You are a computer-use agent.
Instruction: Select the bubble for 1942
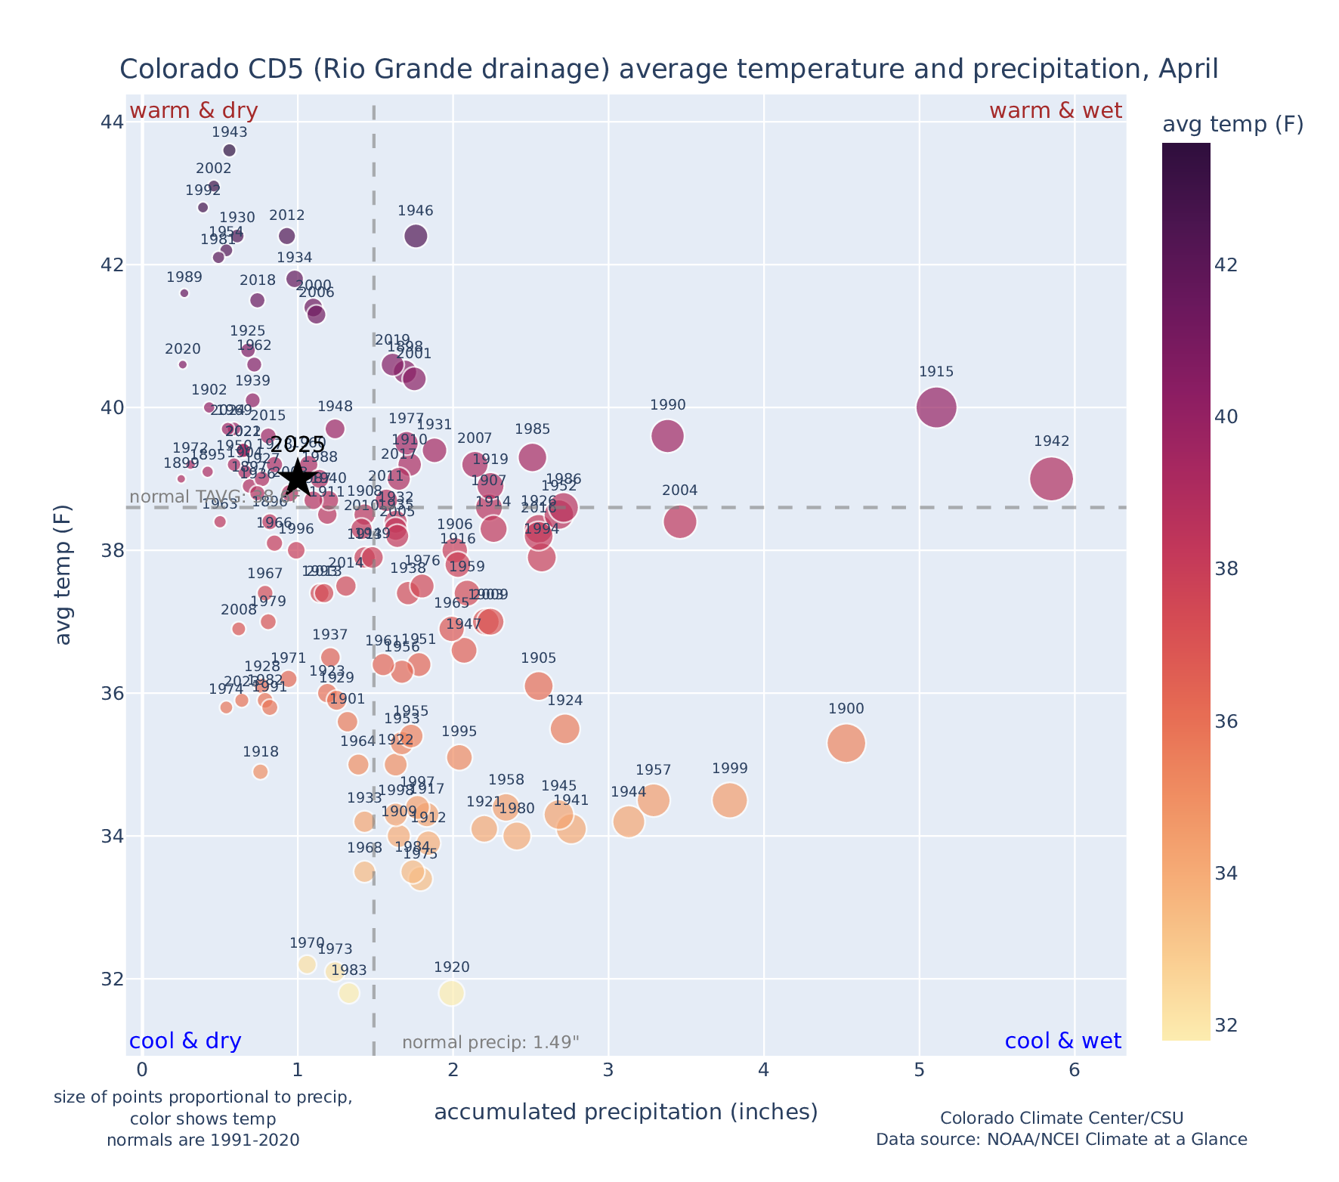point(1051,478)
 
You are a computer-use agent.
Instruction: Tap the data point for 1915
point(935,407)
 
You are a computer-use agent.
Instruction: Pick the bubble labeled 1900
point(846,743)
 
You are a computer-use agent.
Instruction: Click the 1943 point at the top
point(230,150)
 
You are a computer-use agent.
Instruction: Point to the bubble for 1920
point(451,993)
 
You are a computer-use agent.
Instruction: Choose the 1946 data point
point(416,236)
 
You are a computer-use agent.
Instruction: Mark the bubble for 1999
point(729,800)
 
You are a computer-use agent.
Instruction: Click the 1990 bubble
point(667,436)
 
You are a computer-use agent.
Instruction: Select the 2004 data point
point(680,521)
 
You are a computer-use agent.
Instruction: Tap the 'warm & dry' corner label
point(194,111)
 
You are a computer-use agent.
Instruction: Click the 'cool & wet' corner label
point(1062,1041)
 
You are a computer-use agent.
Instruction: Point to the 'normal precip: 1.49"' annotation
point(490,1043)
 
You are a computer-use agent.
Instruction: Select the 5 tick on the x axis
point(919,1071)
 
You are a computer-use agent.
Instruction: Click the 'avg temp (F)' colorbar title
point(1232,125)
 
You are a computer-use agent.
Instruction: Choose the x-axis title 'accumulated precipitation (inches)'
point(626,1112)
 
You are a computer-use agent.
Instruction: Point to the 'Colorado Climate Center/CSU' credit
point(1061,1118)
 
